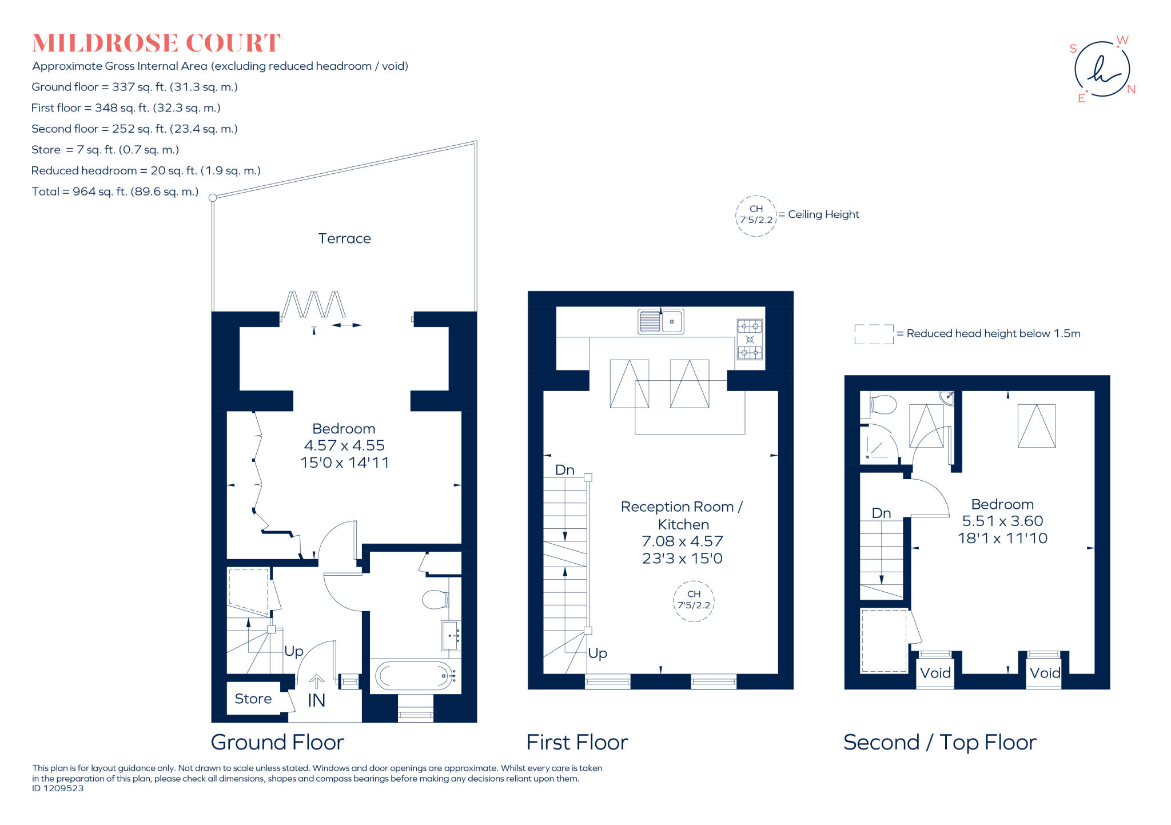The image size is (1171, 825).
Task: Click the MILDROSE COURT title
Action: coord(156,43)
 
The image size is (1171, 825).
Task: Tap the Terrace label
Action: coord(344,238)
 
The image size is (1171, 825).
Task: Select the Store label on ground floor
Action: coord(253,699)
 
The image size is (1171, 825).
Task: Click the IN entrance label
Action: coord(316,700)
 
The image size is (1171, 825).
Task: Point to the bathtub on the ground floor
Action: coord(415,676)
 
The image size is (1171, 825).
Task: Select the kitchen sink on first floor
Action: coord(660,321)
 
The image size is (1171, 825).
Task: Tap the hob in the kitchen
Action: coord(750,339)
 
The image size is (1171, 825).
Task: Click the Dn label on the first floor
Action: coord(564,470)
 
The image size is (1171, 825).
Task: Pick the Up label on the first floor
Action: coord(598,653)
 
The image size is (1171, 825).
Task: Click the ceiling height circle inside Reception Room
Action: coord(694,600)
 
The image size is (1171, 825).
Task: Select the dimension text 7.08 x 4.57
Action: coord(682,541)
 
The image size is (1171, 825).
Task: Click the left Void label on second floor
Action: coord(935,673)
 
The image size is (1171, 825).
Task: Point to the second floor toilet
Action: coord(883,405)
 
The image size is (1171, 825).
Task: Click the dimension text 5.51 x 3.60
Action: coord(1002,521)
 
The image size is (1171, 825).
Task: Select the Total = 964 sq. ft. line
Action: coord(115,192)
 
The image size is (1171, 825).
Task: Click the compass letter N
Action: coord(1131,90)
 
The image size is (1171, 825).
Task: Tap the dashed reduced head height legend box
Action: coord(874,334)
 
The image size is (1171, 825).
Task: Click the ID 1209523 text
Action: coord(58,788)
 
